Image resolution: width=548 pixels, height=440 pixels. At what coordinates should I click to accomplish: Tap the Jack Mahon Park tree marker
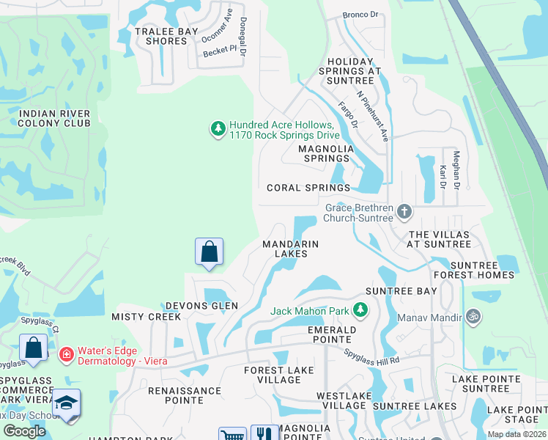pos(360,311)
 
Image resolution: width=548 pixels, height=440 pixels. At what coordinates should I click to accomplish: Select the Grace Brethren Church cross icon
pos(404,213)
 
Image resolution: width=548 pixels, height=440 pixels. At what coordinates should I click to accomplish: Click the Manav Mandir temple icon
pos(473,318)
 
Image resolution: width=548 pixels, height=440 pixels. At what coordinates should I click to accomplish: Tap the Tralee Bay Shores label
pos(162,36)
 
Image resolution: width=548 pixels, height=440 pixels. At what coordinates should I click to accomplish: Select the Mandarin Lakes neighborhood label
pos(291,249)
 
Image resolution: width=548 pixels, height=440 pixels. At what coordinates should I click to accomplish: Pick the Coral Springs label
pos(308,188)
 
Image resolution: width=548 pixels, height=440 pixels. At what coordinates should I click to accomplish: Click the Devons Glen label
pos(201,305)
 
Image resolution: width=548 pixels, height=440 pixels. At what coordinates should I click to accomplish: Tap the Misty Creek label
pos(146,317)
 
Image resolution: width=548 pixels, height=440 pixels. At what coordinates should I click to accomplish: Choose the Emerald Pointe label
pos(332,335)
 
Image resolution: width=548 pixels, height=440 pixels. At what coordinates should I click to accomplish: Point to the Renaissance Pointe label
pos(185,396)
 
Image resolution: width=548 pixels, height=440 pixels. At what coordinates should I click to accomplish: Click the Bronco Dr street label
pos(361,14)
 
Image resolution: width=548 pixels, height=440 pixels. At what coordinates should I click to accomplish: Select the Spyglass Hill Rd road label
pos(373,357)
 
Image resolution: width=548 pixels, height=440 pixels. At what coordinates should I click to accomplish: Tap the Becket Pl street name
pos(221,49)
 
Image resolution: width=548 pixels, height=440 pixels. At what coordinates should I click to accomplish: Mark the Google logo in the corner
pos(24,431)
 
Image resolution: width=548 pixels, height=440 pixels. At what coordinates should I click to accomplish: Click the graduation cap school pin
pos(66,404)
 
